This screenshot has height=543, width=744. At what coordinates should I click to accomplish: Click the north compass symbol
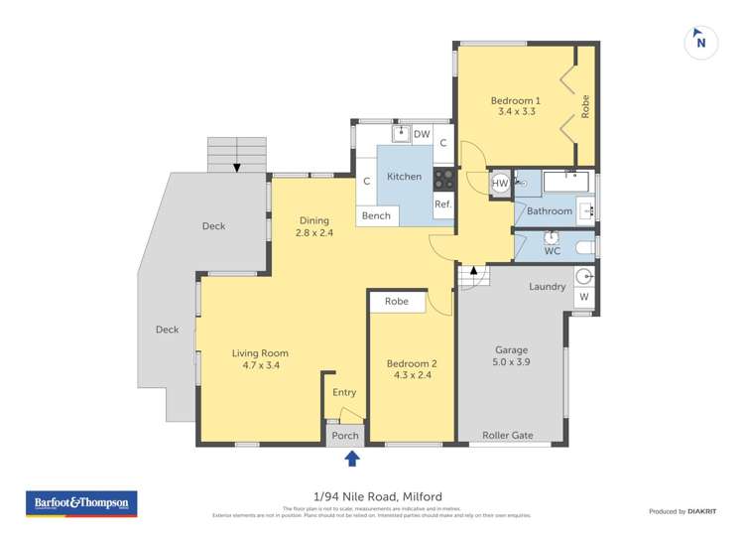(x=700, y=42)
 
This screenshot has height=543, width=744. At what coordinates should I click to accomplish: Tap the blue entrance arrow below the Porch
(x=351, y=458)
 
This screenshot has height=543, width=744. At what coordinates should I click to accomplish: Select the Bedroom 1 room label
(x=516, y=106)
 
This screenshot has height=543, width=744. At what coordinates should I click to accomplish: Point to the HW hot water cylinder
(x=501, y=184)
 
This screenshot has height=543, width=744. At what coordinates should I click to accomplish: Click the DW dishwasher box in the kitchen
(x=422, y=134)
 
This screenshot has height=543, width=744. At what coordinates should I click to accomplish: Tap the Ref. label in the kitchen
(x=442, y=204)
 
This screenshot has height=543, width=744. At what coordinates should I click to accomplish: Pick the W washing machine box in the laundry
(x=583, y=297)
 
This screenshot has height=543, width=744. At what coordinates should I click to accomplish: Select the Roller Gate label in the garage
(x=507, y=435)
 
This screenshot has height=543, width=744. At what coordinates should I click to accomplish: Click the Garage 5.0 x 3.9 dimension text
(x=512, y=356)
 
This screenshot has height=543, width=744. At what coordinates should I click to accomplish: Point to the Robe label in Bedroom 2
(x=397, y=301)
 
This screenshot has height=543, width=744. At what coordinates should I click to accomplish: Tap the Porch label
(x=345, y=436)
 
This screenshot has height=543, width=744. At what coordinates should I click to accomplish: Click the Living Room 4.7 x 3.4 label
(x=260, y=359)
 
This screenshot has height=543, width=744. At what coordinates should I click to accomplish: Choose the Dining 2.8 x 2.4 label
(x=314, y=226)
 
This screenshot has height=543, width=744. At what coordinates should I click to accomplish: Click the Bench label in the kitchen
(x=376, y=215)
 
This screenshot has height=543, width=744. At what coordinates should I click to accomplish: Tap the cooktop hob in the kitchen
(x=443, y=179)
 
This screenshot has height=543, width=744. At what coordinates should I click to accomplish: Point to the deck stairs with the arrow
(x=236, y=155)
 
